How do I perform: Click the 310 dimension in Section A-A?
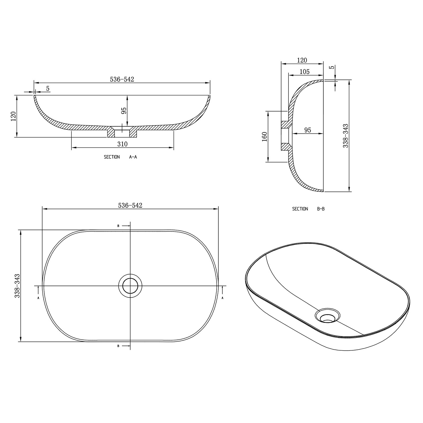[122, 144]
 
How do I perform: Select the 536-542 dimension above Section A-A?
[122, 79]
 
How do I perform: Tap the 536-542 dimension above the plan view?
[130, 205]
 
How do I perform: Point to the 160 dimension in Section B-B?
[265, 137]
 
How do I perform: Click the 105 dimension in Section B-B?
[305, 72]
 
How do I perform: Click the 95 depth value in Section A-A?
[124, 110]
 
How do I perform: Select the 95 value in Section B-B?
[307, 130]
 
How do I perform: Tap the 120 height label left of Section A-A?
[14, 116]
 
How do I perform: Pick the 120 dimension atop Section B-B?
[302, 60]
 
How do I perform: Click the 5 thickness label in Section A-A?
[48, 89]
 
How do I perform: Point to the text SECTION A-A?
[120, 157]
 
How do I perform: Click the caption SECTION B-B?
[308, 209]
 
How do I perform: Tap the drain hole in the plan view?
[130, 286]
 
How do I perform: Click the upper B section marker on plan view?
[118, 226]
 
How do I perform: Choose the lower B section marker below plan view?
[118, 346]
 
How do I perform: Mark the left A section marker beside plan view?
[38, 298]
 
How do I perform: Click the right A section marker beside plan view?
[222, 298]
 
